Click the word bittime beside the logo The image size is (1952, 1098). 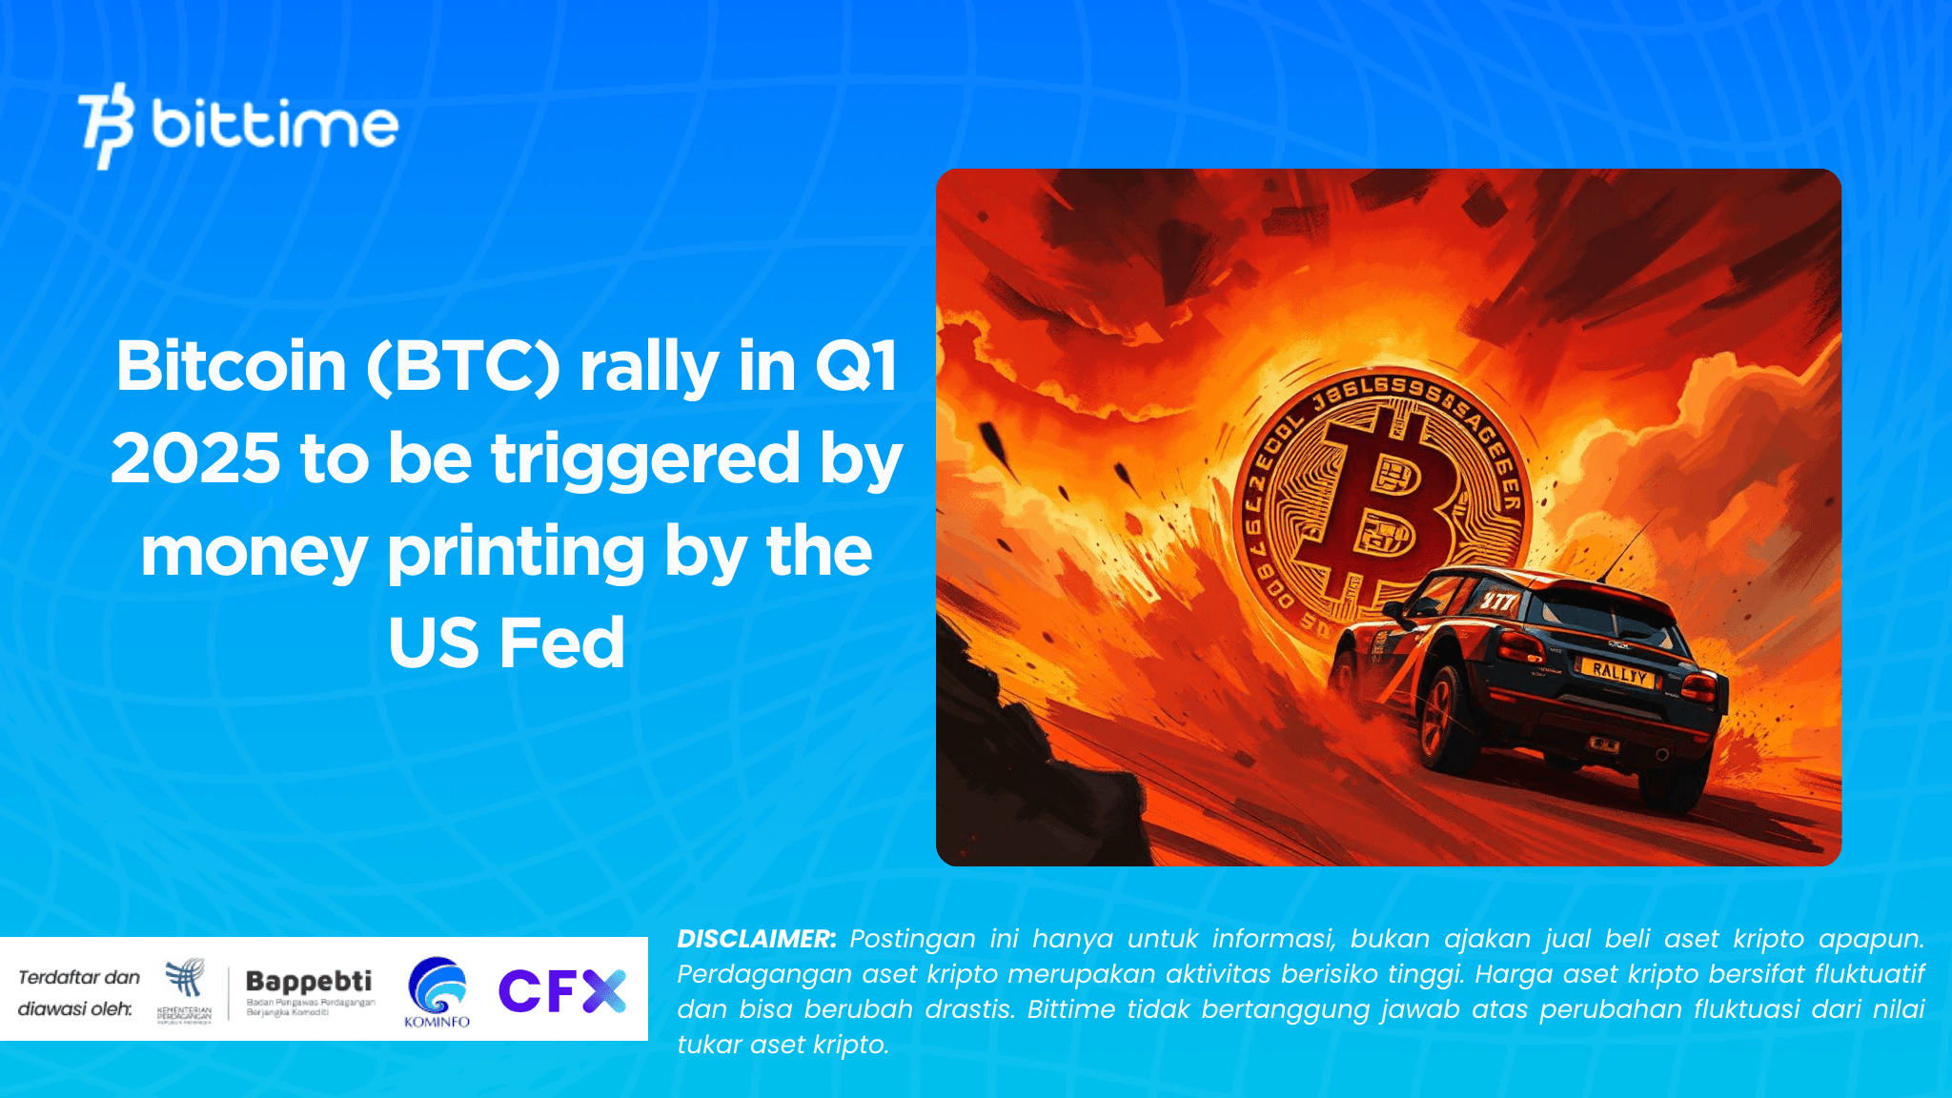[274, 125]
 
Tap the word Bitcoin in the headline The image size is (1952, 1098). [232, 367]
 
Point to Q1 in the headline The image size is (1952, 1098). [856, 367]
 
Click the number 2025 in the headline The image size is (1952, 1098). [196, 458]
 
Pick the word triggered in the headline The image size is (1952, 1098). [645, 458]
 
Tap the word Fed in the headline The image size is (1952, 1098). [562, 642]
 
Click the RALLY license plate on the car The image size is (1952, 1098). [1618, 673]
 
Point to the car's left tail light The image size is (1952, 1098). [1519, 647]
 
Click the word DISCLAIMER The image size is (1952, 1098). [756, 939]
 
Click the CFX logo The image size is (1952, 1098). [562, 990]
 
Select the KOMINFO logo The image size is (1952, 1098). [437, 992]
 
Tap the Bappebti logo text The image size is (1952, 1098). [309, 981]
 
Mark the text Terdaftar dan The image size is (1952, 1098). [79, 977]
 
